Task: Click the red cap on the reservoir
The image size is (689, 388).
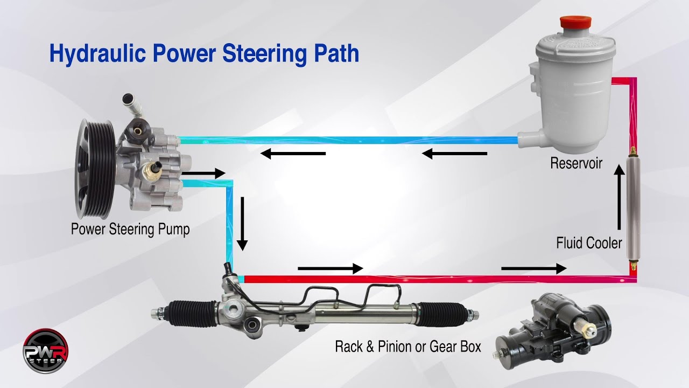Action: coord(575,24)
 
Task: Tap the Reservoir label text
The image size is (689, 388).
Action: coord(576,163)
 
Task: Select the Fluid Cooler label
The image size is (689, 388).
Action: coord(589,243)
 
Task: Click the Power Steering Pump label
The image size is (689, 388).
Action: coord(130,230)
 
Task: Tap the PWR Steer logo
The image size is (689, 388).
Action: coord(45,351)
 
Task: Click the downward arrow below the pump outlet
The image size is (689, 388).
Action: coord(242,224)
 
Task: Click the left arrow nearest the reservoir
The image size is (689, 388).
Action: coord(455,154)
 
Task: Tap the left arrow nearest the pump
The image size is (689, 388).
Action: coord(293,154)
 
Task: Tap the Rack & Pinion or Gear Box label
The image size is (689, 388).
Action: coord(408,346)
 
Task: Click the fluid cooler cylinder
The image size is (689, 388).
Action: coord(634,207)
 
